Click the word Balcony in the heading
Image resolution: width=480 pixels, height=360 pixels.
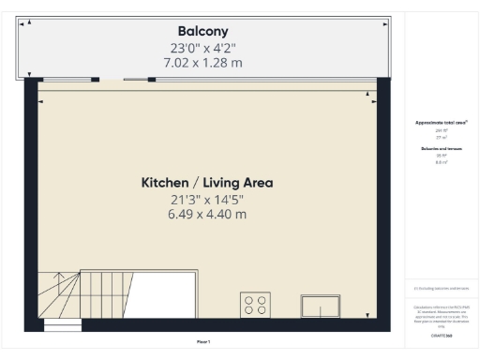pos(203,31)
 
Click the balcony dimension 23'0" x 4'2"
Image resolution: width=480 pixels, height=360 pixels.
pos(203,48)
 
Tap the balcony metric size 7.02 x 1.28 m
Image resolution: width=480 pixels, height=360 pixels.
pos(203,63)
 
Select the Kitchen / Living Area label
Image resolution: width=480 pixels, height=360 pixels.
pos(207,182)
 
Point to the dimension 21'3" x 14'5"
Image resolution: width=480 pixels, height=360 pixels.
pos(207,199)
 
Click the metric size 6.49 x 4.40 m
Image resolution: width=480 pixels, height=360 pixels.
pos(207,214)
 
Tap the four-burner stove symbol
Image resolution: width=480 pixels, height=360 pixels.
pos(255,305)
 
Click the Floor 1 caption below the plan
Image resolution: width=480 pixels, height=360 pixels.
pos(203,340)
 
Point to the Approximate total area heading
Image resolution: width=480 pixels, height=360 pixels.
pos(442,123)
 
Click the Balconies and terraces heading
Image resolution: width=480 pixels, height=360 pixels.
pos(442,148)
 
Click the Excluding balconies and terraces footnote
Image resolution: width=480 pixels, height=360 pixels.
pos(442,288)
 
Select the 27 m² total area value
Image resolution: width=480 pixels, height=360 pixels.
pos(442,136)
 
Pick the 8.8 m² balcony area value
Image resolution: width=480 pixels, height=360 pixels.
pos(442,162)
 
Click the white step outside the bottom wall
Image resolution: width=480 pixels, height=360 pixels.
pos(63,327)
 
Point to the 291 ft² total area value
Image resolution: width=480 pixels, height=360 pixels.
pos(442,130)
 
